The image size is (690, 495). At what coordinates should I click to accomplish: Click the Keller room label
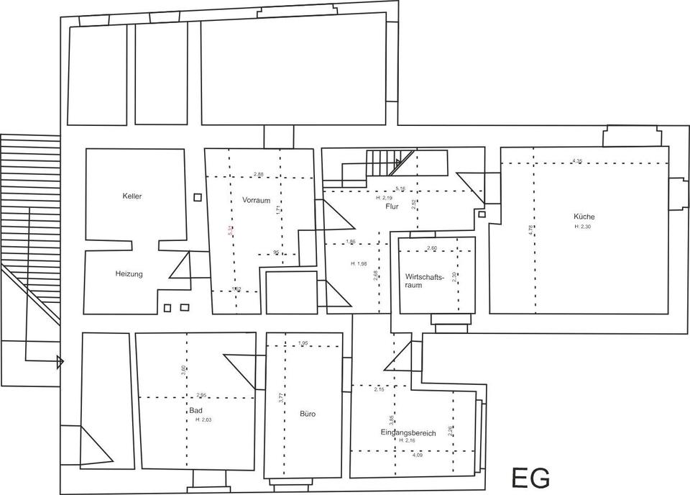pos(132,196)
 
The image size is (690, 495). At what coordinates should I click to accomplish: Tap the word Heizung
pos(129,273)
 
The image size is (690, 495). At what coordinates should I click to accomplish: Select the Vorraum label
pos(257,200)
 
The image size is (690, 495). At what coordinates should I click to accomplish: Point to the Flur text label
pos(392,206)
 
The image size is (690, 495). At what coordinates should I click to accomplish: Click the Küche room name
pos(584,217)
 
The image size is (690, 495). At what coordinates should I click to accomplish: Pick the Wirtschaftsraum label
pos(423,281)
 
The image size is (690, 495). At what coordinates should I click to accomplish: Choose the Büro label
pos(308,414)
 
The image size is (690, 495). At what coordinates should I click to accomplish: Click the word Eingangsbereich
pos(408,432)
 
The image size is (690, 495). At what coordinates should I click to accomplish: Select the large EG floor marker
pos(531,477)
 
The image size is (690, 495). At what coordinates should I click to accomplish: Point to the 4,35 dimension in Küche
pos(577,160)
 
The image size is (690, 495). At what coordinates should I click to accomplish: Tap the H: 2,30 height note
pos(584,227)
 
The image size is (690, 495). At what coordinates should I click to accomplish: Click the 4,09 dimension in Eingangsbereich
pos(418,455)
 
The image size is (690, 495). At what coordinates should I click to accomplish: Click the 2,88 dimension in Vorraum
pos(259,173)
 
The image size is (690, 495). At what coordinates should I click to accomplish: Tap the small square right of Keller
pos(198,196)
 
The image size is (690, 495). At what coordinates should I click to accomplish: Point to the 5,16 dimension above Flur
pos(400,189)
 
